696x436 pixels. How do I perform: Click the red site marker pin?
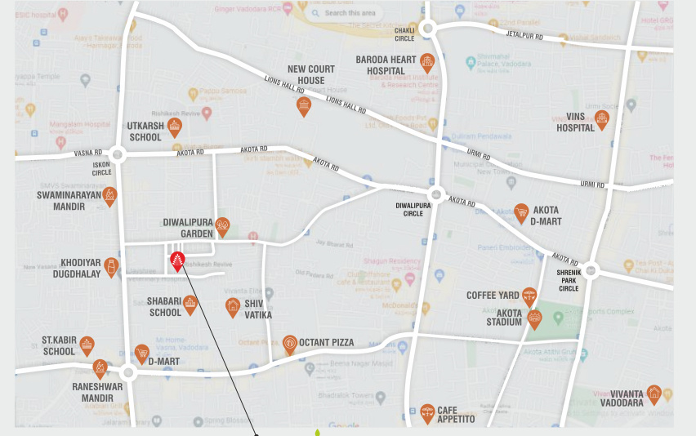[x=176, y=261]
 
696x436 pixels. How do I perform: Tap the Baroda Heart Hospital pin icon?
[x=426, y=62]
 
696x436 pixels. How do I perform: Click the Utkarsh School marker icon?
[x=174, y=126]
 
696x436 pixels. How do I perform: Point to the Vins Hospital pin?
[x=602, y=120]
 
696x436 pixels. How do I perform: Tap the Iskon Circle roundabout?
[x=118, y=154]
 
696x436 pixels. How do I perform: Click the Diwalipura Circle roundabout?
[x=436, y=194]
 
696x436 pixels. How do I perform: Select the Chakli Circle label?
[x=404, y=34]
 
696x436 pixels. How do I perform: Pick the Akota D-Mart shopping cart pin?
[x=521, y=213]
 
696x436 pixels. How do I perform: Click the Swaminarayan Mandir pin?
[x=109, y=196]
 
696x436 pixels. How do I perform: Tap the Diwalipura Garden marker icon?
[x=222, y=226]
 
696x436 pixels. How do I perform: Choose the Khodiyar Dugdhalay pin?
[x=111, y=266]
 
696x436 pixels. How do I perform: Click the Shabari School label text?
[x=164, y=306]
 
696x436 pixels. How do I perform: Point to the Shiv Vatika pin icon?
[x=233, y=307]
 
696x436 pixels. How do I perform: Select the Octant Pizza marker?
[x=290, y=344]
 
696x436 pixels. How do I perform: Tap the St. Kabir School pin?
[x=87, y=346]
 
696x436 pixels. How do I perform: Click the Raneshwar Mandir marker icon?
[x=100, y=368]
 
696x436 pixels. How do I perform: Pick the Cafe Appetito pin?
[x=427, y=413]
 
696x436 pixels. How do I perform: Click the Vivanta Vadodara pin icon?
[x=654, y=394]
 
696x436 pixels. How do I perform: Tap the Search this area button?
[x=343, y=13]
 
